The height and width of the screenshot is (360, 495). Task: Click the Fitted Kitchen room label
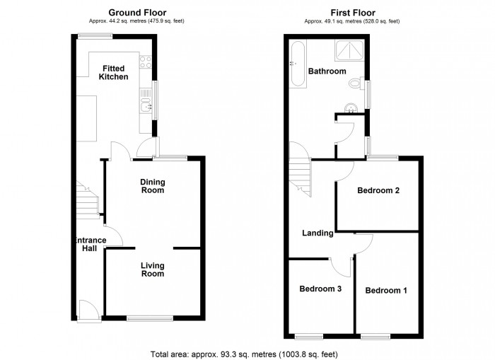(113, 72)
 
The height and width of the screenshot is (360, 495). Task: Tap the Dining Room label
(152, 186)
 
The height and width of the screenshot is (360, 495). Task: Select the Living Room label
(152, 269)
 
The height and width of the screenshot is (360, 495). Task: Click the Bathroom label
(327, 71)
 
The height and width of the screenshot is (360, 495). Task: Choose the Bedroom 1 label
(386, 290)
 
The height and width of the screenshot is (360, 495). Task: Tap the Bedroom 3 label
(320, 289)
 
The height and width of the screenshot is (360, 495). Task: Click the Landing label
(318, 233)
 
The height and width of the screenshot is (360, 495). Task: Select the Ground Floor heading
(131, 13)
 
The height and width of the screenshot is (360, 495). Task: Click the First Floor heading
(353, 13)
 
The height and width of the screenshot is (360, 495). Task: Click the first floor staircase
(300, 177)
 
